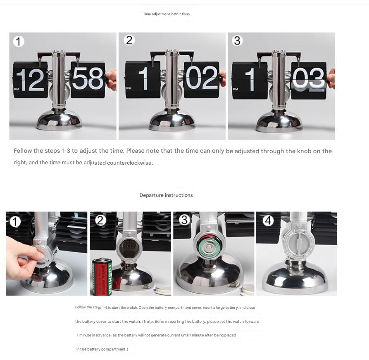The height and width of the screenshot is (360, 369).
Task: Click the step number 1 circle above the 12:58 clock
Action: coord(19,42)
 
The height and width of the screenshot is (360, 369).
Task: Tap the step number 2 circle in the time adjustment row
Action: coord(129,40)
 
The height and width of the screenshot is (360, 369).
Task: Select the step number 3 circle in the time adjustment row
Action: coord(237,40)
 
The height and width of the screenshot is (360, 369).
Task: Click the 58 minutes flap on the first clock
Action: coord(88,80)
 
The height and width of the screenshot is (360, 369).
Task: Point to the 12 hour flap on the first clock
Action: coord(30,80)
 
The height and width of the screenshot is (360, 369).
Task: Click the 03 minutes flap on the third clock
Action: coord(309,80)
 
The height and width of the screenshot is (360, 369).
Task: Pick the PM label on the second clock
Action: coord(129,88)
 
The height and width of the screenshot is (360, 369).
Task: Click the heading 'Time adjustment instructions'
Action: coord(166,14)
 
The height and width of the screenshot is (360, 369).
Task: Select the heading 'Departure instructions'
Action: coord(166,195)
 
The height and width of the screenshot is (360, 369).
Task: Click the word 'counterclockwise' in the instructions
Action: coord(129,163)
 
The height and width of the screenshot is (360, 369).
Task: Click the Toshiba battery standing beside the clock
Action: coord(102,277)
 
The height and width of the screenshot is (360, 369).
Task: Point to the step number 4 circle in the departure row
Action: coord(268,220)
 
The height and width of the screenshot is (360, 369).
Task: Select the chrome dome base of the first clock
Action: coord(60,121)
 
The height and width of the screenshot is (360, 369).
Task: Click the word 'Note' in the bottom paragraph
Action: coord(148,322)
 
